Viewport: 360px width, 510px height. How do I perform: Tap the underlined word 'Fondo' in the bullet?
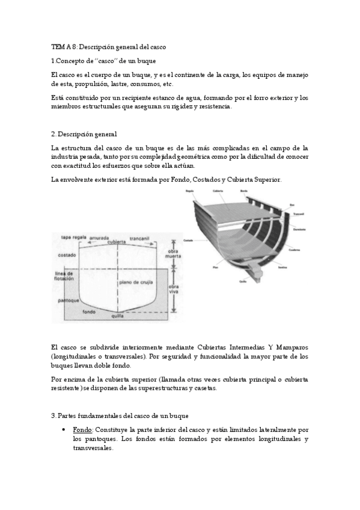tap(82, 430)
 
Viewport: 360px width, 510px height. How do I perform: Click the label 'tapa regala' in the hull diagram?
tap(75, 238)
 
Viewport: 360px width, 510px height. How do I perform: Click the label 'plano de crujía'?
tap(133, 282)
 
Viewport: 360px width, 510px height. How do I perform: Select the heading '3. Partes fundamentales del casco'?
tap(120, 415)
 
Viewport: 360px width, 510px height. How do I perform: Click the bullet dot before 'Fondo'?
tap(63, 431)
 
